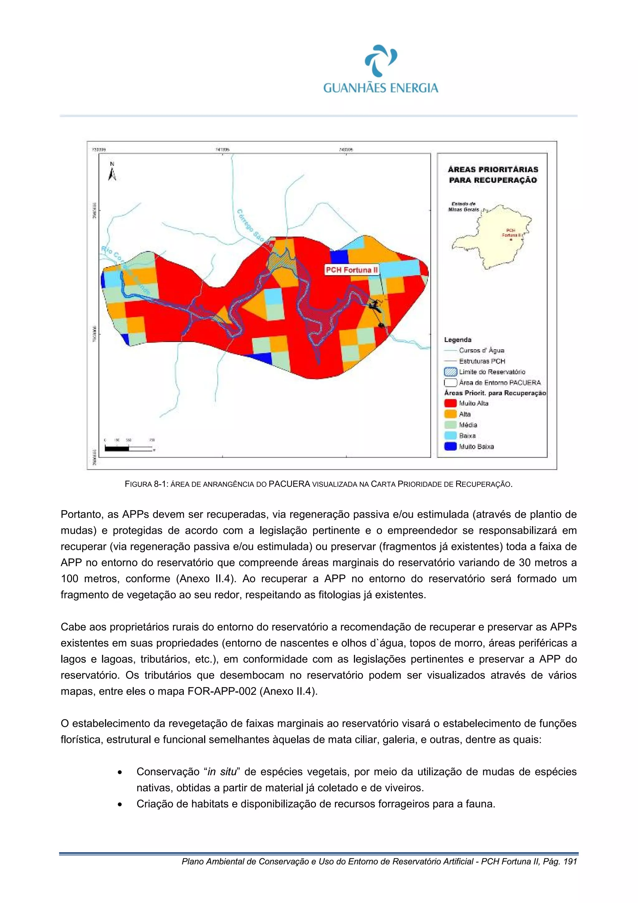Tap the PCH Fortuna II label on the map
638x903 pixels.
(x=351, y=270)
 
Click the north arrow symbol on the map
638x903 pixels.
(x=112, y=171)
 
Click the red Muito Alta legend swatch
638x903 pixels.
(x=450, y=403)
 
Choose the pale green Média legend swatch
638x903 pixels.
(x=450, y=425)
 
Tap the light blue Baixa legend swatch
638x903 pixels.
(x=450, y=436)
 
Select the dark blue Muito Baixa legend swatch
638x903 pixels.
(x=450, y=446)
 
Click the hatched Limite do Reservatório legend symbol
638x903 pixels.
(x=450, y=372)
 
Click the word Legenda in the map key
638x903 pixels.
(x=458, y=340)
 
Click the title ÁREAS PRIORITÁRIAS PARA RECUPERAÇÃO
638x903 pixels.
(x=493, y=175)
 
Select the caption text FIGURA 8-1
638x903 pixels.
(x=146, y=484)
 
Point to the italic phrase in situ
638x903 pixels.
(x=222, y=772)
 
